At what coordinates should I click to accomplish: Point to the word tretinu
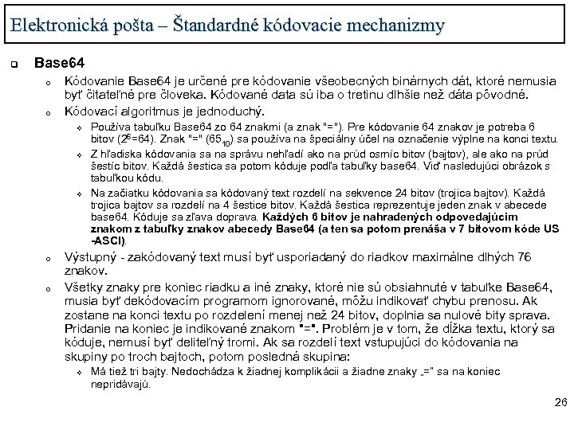coord(353,96)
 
